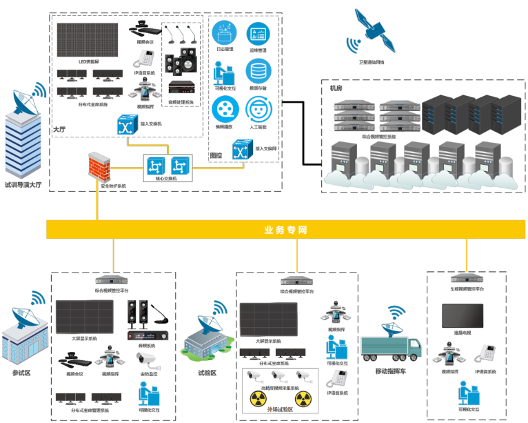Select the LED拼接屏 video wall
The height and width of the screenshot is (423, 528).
(x=88, y=41)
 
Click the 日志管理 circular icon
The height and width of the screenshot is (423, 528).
(x=225, y=32)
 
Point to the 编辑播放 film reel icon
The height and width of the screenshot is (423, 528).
(x=225, y=108)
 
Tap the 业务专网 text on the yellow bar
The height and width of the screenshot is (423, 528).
(x=285, y=230)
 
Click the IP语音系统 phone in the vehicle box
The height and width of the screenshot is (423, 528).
(x=490, y=355)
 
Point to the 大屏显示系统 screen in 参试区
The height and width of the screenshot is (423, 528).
(x=84, y=317)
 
